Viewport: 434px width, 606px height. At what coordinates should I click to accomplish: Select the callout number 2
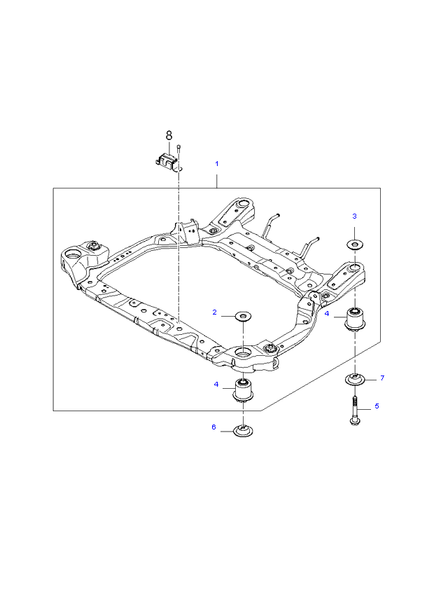tap(215, 312)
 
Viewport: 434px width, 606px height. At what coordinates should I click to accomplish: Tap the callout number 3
tap(354, 216)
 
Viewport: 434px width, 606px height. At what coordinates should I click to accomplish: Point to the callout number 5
tap(377, 406)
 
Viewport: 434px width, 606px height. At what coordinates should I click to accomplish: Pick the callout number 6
tap(214, 427)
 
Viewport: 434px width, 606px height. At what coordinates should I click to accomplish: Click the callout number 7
tap(382, 378)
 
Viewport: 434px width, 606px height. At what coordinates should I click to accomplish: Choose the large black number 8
tap(168, 135)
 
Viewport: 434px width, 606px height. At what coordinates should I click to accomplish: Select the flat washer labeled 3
tap(355, 245)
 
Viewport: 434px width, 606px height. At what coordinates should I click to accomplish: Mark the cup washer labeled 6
tap(243, 431)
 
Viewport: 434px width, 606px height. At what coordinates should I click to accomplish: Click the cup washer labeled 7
tap(356, 380)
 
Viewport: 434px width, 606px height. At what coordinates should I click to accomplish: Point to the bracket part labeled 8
tap(167, 160)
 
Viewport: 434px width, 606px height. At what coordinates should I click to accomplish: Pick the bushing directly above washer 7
tap(356, 319)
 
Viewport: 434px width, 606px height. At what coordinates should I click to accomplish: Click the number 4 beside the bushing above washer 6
tap(216, 384)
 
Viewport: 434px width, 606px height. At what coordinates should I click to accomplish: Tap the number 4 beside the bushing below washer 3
tap(327, 315)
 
